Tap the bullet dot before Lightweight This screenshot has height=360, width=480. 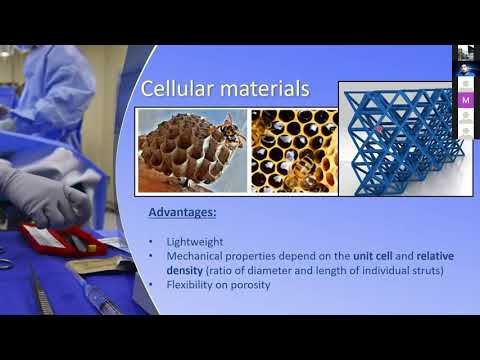coord(150,242)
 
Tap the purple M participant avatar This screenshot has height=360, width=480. coord(466,100)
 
